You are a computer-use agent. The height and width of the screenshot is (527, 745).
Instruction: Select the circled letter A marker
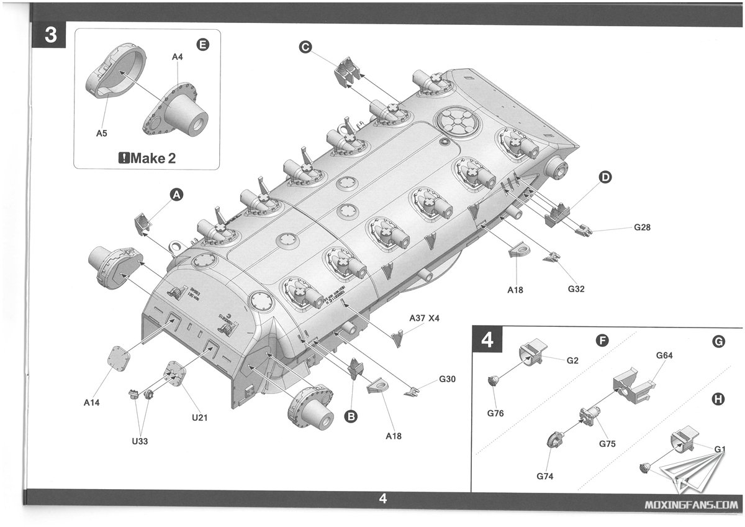[177, 195]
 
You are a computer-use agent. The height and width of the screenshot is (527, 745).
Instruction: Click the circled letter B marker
[351, 418]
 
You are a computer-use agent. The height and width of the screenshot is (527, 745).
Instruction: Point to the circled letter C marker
[304, 47]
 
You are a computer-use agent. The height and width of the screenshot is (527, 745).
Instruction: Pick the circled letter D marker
[605, 178]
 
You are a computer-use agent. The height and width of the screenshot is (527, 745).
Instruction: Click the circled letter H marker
[718, 399]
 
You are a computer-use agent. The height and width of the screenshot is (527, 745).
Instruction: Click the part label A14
[92, 403]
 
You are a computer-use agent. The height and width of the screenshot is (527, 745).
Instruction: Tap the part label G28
[643, 227]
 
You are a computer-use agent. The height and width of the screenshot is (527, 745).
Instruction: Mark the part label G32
[576, 288]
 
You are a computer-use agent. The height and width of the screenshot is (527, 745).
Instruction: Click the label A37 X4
[424, 318]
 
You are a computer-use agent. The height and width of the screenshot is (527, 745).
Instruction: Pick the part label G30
[447, 379]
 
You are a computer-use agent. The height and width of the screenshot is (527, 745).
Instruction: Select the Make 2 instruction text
[147, 158]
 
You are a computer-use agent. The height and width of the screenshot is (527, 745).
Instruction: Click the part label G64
[664, 355]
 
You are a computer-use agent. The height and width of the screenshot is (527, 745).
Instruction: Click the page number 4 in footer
[383, 498]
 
